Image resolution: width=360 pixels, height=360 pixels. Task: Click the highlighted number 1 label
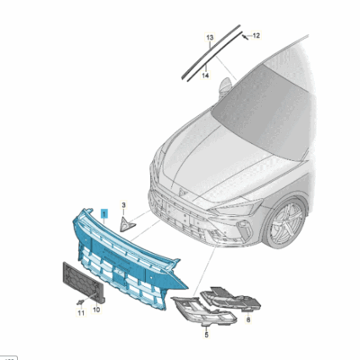click(x=104, y=213)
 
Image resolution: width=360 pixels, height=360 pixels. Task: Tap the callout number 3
click(x=125, y=206)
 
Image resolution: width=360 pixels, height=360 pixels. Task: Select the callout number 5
click(x=205, y=334)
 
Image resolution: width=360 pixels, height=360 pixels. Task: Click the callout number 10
click(x=96, y=309)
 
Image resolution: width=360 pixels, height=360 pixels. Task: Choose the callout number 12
click(x=256, y=35)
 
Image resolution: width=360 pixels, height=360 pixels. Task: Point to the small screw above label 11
click(x=79, y=300)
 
